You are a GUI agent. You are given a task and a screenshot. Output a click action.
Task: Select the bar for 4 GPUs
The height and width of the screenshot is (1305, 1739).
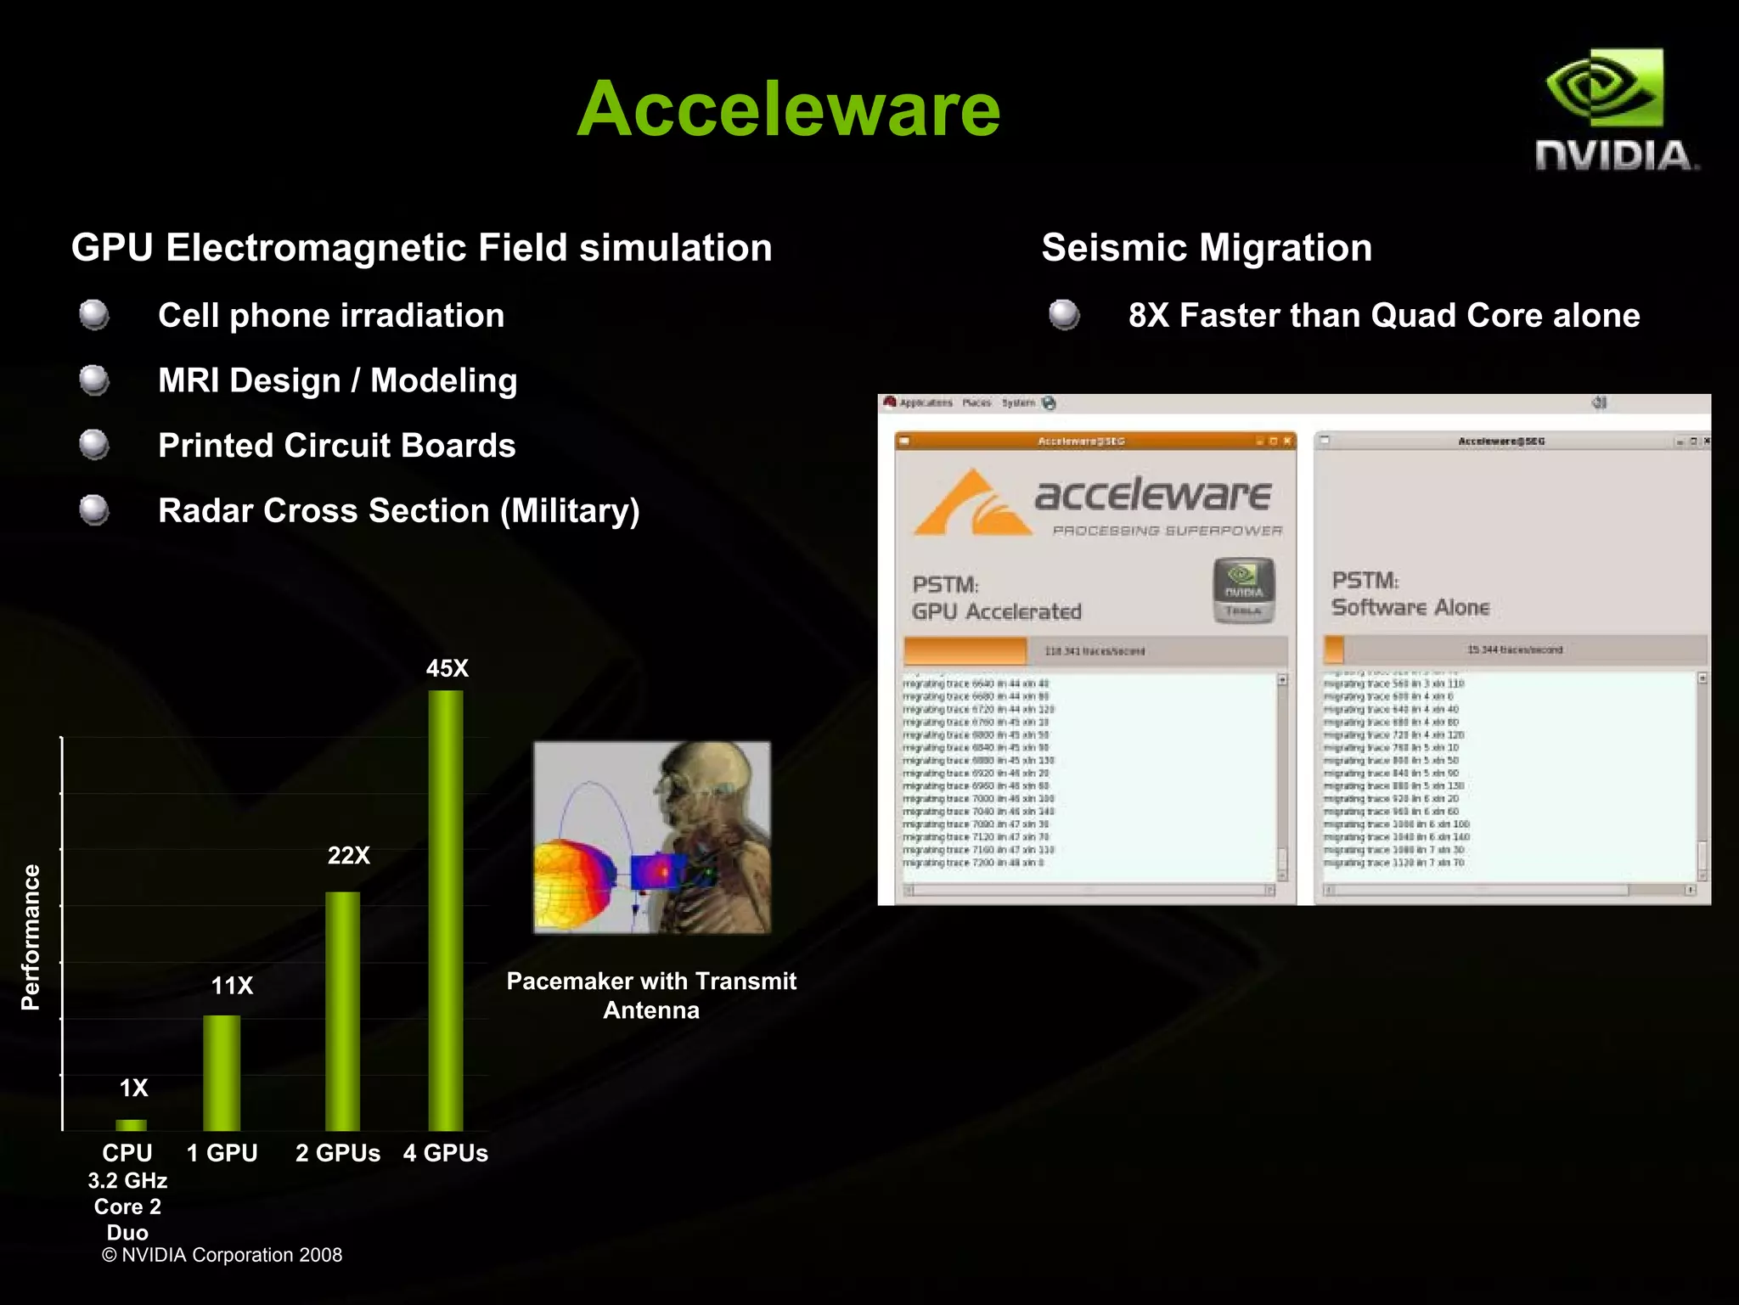pos(446,908)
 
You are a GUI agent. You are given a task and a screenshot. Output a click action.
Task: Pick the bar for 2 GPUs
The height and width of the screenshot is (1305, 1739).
pos(342,1010)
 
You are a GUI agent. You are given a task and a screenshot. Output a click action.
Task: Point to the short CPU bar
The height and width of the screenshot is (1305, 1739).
pos(131,1125)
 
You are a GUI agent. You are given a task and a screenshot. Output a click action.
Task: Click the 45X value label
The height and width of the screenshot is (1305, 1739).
pos(447,668)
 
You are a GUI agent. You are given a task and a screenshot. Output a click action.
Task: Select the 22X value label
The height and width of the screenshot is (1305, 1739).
pos(348,855)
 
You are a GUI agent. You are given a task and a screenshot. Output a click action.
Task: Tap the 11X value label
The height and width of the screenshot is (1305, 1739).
pos(232,985)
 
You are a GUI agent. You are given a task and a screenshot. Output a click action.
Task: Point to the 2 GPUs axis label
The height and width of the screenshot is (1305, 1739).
pos(337,1153)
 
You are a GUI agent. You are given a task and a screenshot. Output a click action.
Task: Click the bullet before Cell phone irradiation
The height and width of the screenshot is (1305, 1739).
pos(94,315)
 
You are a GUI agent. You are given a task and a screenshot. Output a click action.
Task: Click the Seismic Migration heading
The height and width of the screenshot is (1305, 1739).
pos(1206,248)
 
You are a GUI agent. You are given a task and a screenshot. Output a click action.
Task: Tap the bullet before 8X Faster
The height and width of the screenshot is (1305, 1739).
pos(1064,315)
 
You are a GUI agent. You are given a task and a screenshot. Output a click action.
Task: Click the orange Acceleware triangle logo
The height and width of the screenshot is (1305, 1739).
pos(968,503)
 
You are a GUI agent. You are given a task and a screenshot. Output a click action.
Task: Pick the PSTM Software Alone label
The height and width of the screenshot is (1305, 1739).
pos(1410,594)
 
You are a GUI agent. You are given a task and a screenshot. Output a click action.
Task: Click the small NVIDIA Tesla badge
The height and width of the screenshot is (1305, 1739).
pos(1243,590)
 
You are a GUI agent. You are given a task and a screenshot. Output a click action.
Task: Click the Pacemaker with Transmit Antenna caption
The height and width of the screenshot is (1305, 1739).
pos(651,995)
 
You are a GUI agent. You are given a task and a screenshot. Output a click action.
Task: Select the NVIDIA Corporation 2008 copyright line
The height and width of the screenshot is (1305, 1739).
pos(222,1255)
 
